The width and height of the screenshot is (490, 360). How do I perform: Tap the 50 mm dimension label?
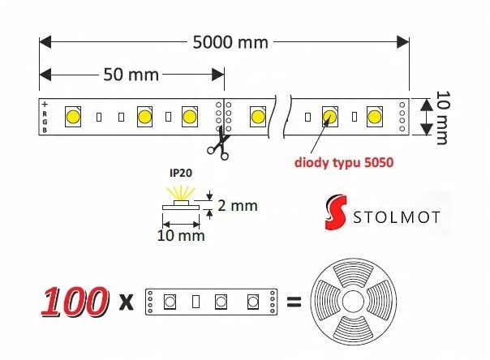131,75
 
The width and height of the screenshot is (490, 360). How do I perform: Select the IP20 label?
180,174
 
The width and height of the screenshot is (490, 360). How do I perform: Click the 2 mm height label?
238,205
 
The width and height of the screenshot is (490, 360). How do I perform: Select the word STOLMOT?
397,219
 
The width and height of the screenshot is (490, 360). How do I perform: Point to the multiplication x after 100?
126,304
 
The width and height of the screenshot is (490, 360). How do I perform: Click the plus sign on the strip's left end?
45,104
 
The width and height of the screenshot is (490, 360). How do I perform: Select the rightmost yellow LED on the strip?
374,116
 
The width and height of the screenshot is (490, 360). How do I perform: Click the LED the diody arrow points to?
330,116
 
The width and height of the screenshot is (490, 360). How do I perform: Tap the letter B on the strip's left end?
45,130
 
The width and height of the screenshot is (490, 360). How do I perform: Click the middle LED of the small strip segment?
219,302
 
